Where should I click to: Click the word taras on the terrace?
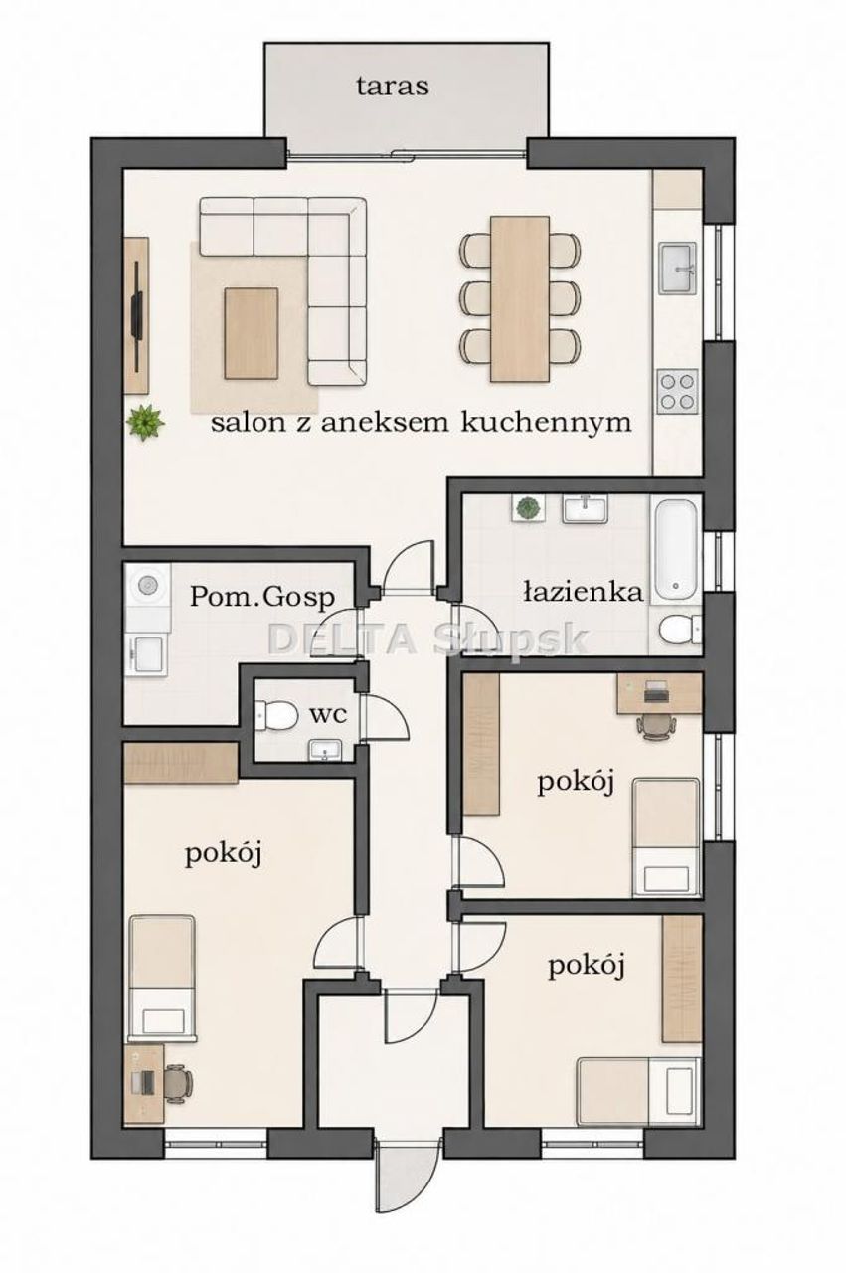pos(393,87)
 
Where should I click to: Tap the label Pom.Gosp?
pos(261,598)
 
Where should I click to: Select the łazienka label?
pos(583,592)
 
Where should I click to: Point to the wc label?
pos(328,715)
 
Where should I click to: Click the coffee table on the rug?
pos(252,333)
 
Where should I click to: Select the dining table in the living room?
pos(520,299)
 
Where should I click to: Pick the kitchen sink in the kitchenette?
pos(677,268)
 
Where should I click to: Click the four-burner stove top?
pos(678,391)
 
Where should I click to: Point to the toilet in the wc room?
pos(276,715)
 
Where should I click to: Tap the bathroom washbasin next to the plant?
pos(586,507)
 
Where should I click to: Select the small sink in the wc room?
pos(325,750)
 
